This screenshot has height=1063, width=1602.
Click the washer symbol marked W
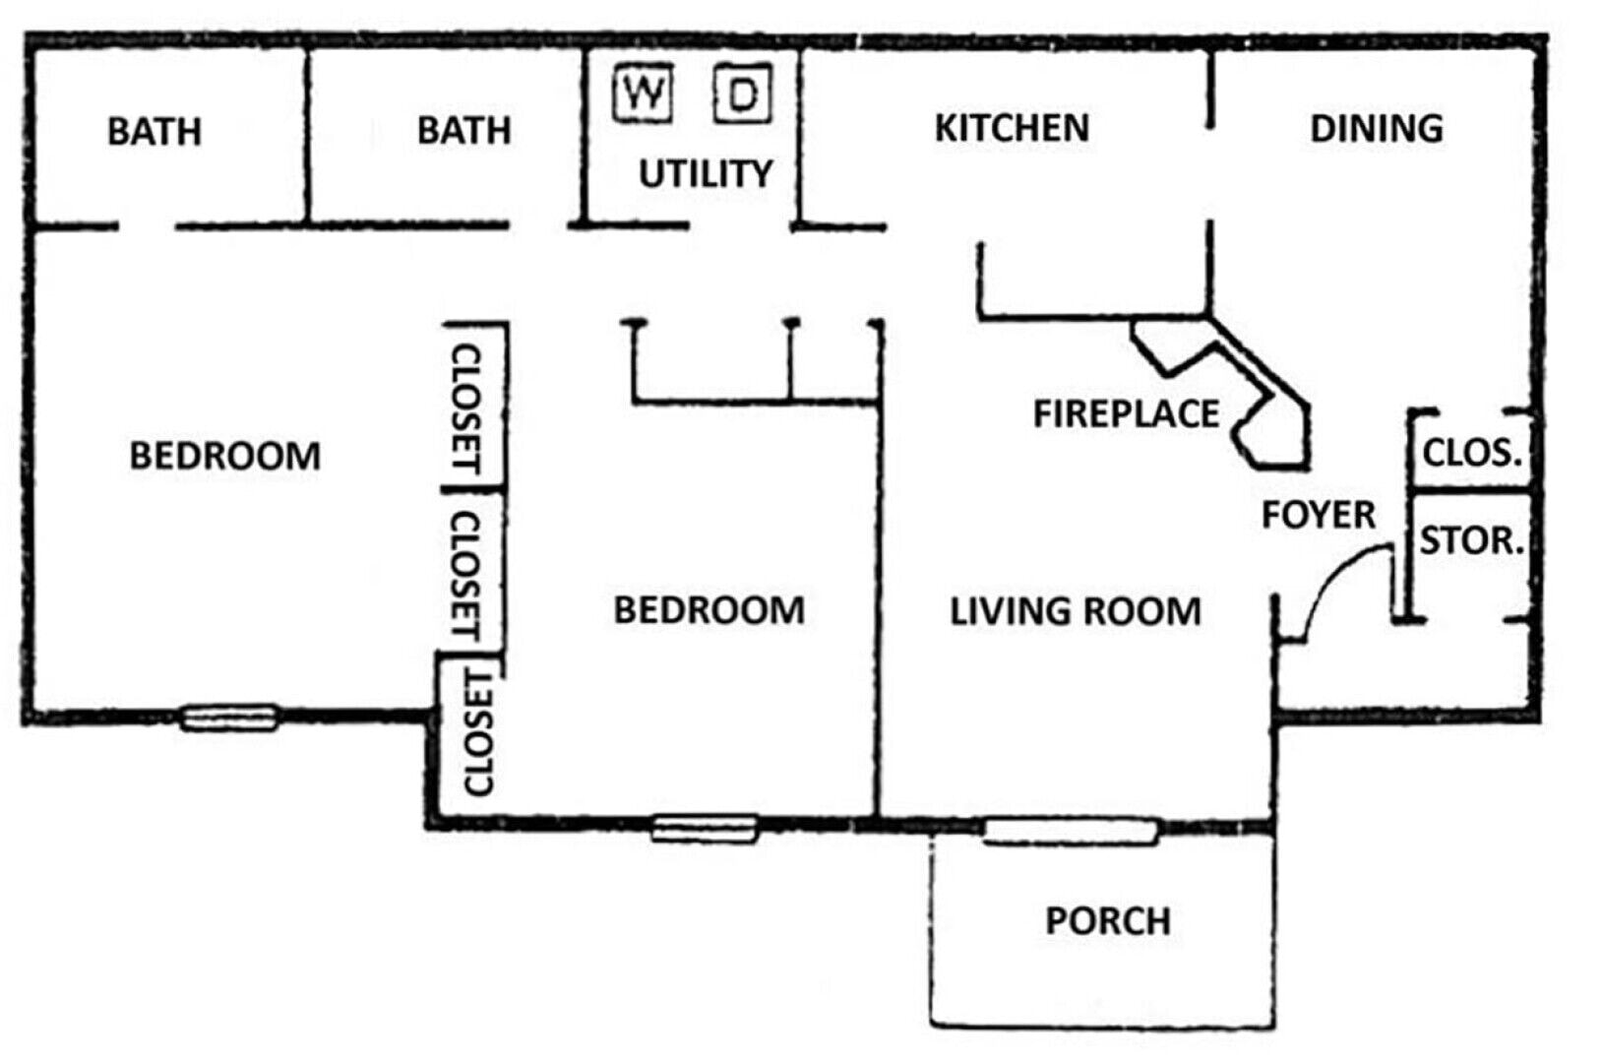coord(643,94)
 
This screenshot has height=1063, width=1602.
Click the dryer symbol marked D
coord(743,94)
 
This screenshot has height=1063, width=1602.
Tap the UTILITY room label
coord(706,173)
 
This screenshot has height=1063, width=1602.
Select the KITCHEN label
coord(1012,128)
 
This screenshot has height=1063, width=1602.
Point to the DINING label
coord(1377,129)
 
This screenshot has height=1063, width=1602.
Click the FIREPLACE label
coord(1127,413)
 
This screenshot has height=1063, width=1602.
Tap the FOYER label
coord(1318,515)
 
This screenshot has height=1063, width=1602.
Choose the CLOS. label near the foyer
coord(1471,452)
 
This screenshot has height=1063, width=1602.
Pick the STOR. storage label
coord(1471,540)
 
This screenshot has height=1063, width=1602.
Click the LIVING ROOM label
coord(1075,611)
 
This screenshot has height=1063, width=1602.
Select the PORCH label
coord(1108,920)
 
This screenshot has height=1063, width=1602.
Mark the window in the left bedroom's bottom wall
coord(229,718)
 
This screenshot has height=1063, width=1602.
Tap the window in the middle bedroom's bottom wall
coord(705,829)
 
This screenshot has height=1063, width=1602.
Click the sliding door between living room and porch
coord(1070,832)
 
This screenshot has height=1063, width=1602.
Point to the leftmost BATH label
coord(154,132)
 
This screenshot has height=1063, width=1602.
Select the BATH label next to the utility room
coord(464,130)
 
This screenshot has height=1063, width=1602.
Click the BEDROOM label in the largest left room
coord(224,456)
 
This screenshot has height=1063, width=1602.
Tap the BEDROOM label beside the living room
coord(709,609)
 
